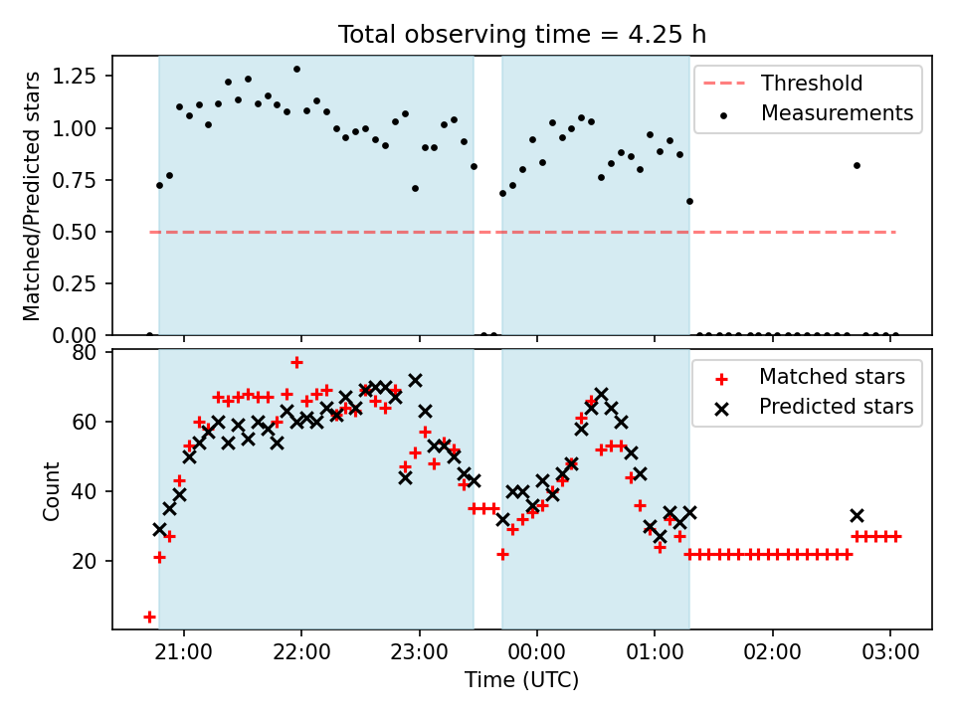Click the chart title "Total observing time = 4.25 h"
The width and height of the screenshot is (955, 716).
tap(522, 34)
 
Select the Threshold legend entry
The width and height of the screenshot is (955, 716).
tap(783, 83)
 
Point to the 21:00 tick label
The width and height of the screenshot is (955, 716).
tap(184, 652)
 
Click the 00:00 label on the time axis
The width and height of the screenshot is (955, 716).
tap(536, 652)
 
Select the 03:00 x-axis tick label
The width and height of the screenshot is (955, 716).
tap(889, 652)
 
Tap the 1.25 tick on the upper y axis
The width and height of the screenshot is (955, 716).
tap(75, 77)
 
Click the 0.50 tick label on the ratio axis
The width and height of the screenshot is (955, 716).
tap(75, 232)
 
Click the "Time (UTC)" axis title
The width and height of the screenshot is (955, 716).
tap(522, 679)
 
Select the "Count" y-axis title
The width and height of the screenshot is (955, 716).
tap(51, 490)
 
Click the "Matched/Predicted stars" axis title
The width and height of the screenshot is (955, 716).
tap(31, 196)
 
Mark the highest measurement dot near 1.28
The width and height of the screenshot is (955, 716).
tap(296, 70)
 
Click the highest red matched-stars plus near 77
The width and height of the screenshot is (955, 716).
tap(296, 363)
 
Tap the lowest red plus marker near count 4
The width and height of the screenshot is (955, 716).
tap(149, 618)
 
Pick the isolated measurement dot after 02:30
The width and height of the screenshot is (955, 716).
tap(857, 166)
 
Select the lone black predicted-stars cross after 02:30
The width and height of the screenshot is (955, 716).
tap(857, 516)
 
